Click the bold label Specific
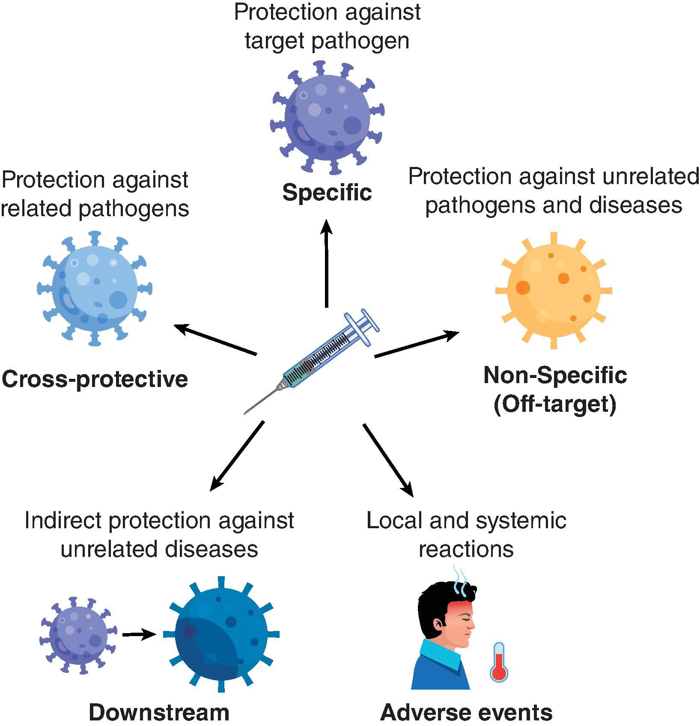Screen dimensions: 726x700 point(327,192)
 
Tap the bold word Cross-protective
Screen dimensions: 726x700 point(95,379)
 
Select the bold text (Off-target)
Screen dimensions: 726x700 point(555,404)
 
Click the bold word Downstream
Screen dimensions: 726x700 point(159,712)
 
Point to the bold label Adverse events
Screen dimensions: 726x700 point(466,712)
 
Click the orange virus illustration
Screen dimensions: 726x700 point(554,290)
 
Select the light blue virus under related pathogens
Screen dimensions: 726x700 point(95,288)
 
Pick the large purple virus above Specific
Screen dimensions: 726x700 point(327,117)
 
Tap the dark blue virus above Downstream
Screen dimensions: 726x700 point(221,634)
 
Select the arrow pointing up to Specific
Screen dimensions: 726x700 point(327,263)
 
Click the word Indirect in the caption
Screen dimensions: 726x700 point(63,521)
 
